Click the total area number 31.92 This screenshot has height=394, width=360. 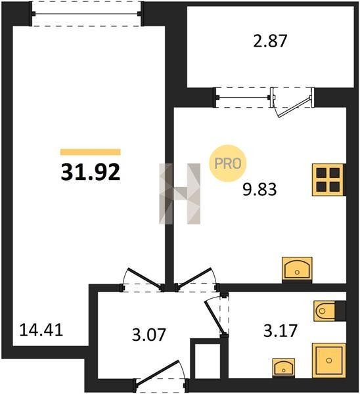point(91,172)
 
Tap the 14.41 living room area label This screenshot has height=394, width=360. point(41,330)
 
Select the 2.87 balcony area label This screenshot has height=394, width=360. point(270,41)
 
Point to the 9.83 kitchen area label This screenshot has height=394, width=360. point(259,189)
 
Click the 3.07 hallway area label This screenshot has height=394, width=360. point(149,334)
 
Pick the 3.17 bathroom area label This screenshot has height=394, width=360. point(281,330)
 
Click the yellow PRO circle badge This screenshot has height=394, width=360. point(228,164)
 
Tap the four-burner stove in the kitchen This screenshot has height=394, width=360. point(329,180)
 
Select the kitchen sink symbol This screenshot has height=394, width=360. point(297,269)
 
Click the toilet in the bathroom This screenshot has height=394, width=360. point(330,311)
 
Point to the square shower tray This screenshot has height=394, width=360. point(329,361)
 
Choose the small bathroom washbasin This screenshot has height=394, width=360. point(284,368)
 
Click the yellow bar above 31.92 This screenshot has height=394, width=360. point(91,152)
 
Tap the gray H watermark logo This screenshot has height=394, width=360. point(180,194)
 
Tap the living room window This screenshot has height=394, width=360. point(86,14)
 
